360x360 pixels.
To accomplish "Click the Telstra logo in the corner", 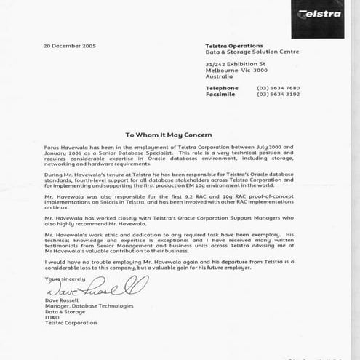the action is coord(320,15).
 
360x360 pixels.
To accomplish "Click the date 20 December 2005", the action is coord(69,46).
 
